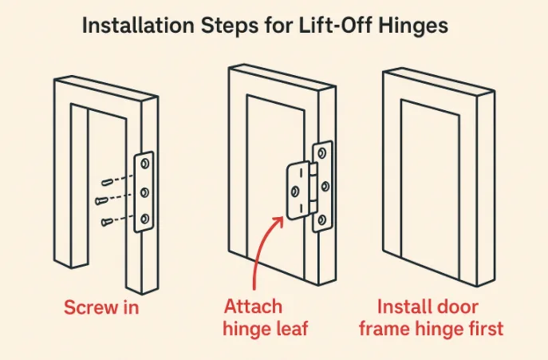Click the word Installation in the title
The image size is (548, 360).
[x=138, y=26]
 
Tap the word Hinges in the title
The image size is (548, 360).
[x=413, y=26]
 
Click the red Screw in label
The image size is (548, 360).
[x=101, y=307]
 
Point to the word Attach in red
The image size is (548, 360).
[x=253, y=307]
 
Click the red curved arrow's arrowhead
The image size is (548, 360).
[x=279, y=221]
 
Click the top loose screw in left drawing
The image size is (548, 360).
[x=108, y=182]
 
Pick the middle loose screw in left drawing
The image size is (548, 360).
[x=101, y=200]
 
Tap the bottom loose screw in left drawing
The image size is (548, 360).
[x=107, y=222]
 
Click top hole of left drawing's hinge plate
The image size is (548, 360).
[x=144, y=164]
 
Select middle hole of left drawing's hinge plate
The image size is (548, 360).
[x=144, y=192]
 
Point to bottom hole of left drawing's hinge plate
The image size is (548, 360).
[x=144, y=219]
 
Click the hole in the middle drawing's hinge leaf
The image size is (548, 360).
[x=295, y=191]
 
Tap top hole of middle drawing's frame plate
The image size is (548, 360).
[x=322, y=153]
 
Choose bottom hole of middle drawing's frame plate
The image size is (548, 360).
[x=322, y=220]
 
